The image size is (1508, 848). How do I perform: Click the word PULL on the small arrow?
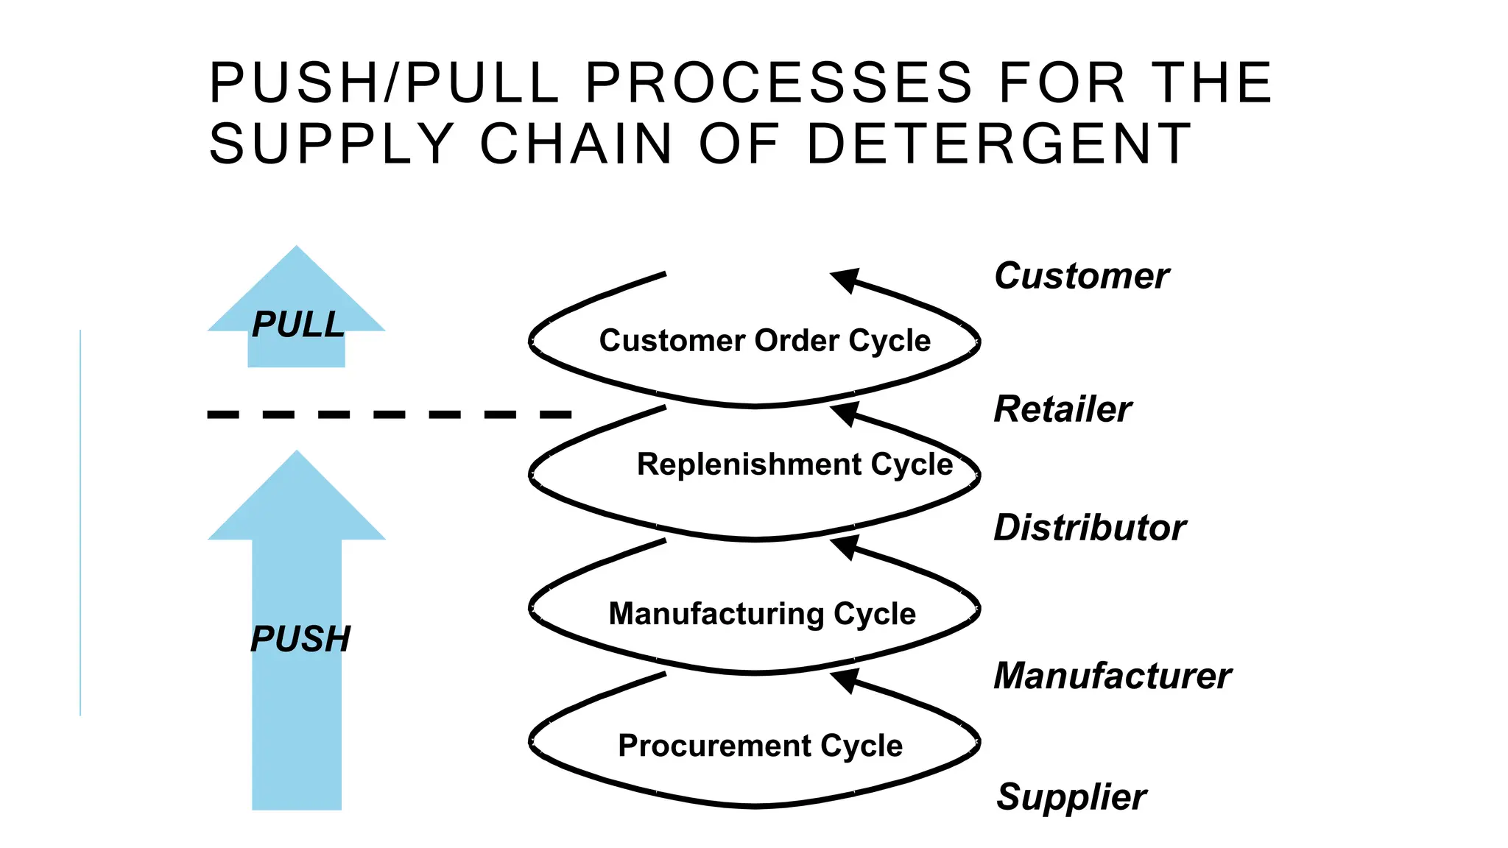pyautogui.click(x=298, y=325)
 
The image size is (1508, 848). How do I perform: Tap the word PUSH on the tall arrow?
pyautogui.click(x=300, y=639)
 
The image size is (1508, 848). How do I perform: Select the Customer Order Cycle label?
pyautogui.click(x=764, y=341)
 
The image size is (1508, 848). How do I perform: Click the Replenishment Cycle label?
pyautogui.click(x=794, y=464)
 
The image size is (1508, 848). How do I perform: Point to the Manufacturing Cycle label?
pyautogui.click(x=762, y=614)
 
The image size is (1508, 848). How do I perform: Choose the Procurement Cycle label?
pyautogui.click(x=760, y=746)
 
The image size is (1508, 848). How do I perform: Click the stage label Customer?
pyautogui.click(x=1081, y=277)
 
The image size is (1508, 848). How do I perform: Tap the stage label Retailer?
pyautogui.click(x=1063, y=409)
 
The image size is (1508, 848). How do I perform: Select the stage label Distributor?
pyautogui.click(x=1090, y=528)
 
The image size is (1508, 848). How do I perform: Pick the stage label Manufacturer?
pyautogui.click(x=1112, y=676)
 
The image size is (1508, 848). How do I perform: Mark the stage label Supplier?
pyautogui.click(x=1071, y=797)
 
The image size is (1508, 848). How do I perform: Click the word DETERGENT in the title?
pyautogui.click(x=998, y=144)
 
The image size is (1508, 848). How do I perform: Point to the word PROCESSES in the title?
pyautogui.click(x=779, y=82)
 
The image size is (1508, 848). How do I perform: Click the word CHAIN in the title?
pyautogui.click(x=576, y=144)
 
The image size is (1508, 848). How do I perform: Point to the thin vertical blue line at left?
pyautogui.click(x=80, y=523)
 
